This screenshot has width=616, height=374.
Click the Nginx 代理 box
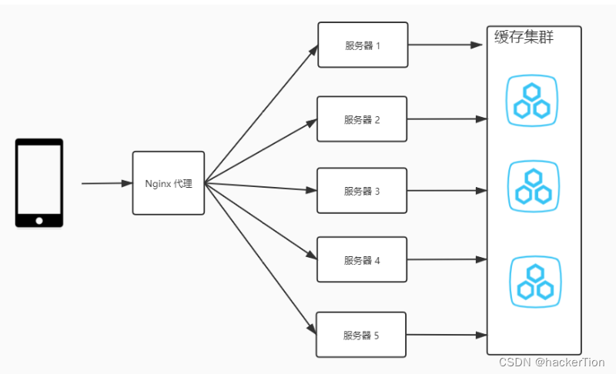[169, 183]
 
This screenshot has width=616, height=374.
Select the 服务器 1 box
[363, 45]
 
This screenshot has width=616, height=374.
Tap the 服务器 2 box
[363, 119]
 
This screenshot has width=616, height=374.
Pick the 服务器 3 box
[363, 190]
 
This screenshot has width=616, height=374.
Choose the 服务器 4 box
[363, 260]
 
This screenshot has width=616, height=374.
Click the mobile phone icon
[39, 183]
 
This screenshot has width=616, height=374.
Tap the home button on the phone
[39, 221]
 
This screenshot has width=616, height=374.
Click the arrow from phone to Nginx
[106, 183]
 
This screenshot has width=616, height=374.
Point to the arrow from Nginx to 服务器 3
[262, 187]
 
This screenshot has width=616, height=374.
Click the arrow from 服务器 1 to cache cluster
[447, 45]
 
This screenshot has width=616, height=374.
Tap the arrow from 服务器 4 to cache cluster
[447, 260]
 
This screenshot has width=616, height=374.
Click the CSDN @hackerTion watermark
[551, 362]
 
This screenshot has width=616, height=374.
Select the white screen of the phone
[39, 179]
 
